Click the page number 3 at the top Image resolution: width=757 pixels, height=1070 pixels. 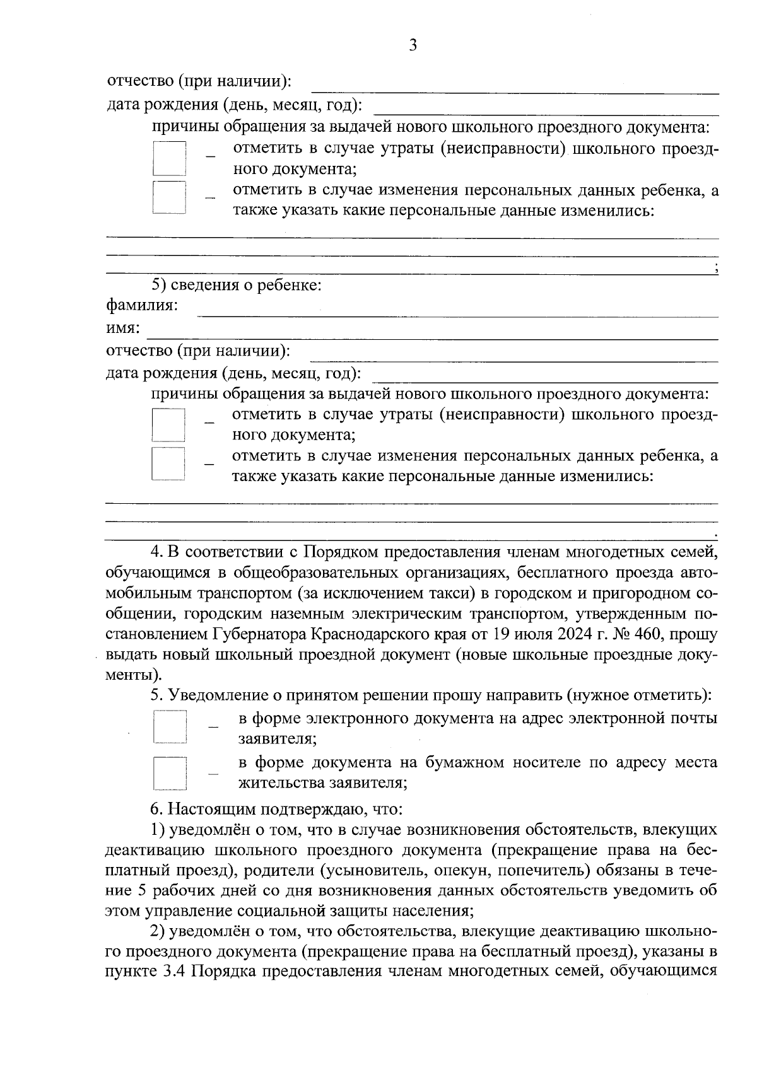point(413,45)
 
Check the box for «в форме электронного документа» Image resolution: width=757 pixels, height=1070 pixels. point(170,727)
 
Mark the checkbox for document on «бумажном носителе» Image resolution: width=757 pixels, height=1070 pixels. point(170,773)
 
